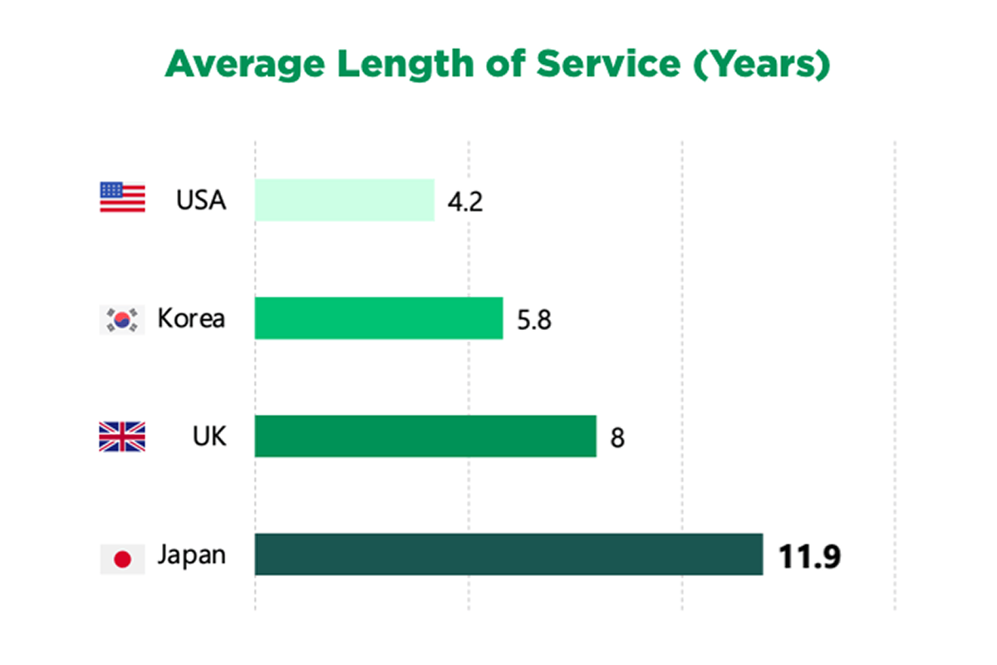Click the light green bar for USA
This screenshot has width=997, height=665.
[344, 200]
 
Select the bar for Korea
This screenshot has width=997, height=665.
[378, 318]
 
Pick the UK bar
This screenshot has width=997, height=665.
[425, 436]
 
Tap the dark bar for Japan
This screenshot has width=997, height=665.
[508, 554]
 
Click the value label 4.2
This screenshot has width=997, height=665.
[464, 202]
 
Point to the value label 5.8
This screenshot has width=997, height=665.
[533, 320]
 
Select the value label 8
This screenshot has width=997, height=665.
[617, 438]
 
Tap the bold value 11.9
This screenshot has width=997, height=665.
[809, 556]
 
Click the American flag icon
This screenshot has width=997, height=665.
[122, 198]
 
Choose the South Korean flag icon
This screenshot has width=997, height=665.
[122, 319]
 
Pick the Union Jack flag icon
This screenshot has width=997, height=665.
[122, 436]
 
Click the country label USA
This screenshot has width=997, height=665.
[201, 200]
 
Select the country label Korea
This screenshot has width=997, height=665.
[191, 318]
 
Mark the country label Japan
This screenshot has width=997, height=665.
[192, 555]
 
